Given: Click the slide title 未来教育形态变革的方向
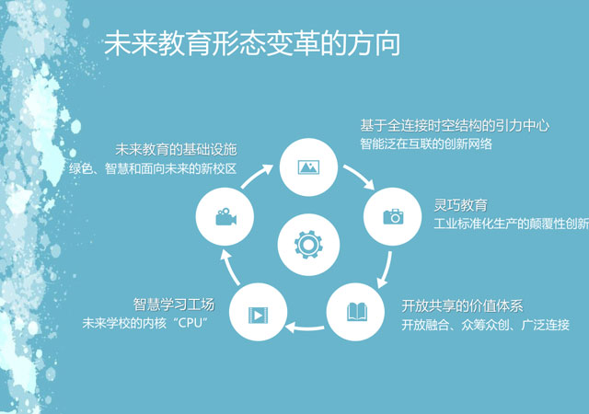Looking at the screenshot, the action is [251, 44].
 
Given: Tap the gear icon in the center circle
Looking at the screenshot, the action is [308, 245].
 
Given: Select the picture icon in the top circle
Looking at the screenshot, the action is [308, 167].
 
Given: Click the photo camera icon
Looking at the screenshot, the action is [393, 217].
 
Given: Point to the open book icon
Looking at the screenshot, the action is [356, 312].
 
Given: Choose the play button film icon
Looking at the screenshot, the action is [258, 315].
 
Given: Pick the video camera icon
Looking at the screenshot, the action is [225, 217].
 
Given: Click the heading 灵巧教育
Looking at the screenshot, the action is [460, 205].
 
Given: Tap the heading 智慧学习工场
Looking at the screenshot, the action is [174, 305].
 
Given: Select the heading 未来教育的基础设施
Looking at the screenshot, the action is [176, 150].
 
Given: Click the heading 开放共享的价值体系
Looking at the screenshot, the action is [462, 306].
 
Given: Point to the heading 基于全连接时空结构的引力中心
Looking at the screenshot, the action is [455, 125].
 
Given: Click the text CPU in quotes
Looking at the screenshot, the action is [191, 323].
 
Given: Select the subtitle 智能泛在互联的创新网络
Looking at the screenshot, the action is [426, 144].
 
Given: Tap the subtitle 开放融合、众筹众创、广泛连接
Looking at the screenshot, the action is [485, 325].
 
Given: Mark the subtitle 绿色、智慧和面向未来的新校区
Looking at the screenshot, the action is [153, 168].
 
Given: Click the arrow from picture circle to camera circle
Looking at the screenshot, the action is [359, 176].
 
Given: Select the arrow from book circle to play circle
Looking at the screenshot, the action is [305, 328].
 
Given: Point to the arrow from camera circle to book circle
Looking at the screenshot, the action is [386, 270].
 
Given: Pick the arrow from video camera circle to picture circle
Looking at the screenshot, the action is [256, 175].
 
